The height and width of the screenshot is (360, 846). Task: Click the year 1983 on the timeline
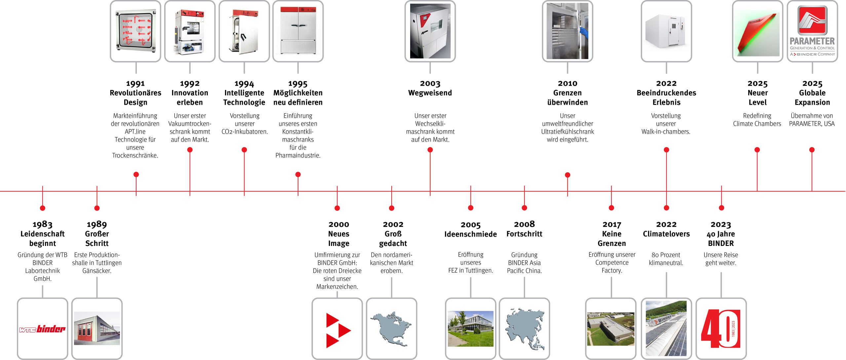[42, 224]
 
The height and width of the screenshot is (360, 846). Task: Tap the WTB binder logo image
[42, 329]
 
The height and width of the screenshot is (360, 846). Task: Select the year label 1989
[97, 224]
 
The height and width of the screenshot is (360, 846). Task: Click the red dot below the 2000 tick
[337, 208]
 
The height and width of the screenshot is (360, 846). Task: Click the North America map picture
[392, 329]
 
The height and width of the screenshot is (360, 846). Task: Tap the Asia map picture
[524, 329]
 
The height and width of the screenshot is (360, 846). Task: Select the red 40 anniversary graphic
[721, 329]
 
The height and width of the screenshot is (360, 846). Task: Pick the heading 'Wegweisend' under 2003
[430, 93]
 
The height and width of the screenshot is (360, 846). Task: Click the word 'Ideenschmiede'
[471, 234]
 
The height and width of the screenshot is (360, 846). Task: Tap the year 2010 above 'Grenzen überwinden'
[567, 83]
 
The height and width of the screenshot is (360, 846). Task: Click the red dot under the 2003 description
[430, 150]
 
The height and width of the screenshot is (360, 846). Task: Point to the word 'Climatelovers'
[666, 234]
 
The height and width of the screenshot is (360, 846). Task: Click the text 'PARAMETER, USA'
[812, 124]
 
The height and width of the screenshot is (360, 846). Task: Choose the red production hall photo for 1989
[97, 329]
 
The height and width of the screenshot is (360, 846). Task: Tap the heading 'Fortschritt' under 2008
[524, 234]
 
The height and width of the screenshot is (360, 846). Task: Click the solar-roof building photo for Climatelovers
[666, 329]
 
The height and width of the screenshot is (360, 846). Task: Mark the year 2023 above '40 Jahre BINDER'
[721, 224]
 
